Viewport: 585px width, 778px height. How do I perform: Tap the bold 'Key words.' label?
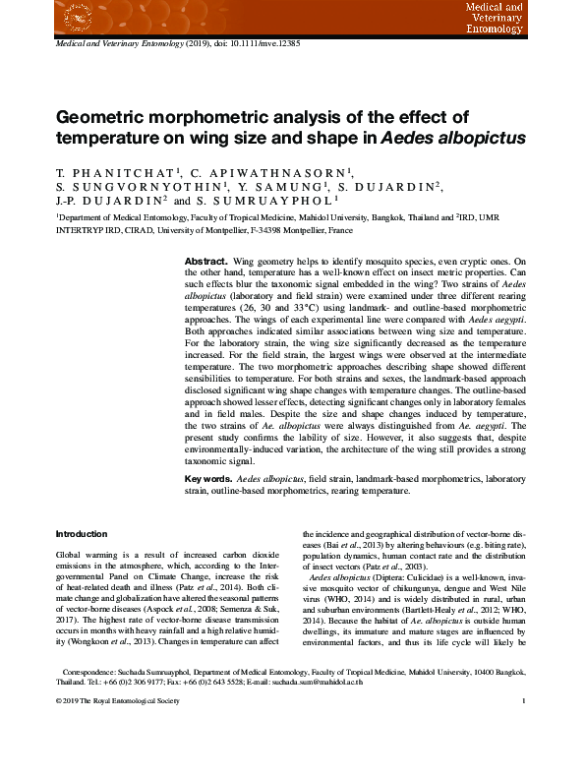(x=209, y=479)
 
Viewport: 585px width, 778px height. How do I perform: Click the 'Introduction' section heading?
(x=82, y=534)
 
